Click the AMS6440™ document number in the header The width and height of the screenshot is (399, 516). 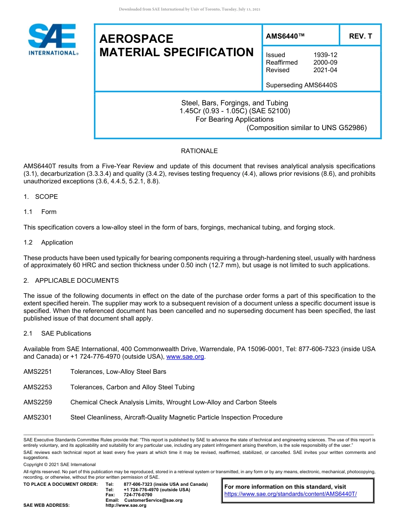click(285, 36)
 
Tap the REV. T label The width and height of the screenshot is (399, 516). click(360, 36)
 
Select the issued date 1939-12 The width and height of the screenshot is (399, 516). click(325, 55)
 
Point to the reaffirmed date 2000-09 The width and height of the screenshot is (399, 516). click(325, 63)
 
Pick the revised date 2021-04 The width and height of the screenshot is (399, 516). click(325, 70)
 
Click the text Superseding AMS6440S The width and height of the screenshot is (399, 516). click(302, 85)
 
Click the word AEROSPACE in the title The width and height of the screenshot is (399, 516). click(136, 39)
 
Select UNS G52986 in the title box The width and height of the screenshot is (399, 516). click(344, 128)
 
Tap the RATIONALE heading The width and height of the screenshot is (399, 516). click(199, 151)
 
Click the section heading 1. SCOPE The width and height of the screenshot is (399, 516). click(41, 197)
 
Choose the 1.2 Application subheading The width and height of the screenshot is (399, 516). click(48, 242)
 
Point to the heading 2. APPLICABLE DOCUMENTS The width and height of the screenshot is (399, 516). click(71, 281)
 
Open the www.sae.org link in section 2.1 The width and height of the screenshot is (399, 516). click(185, 357)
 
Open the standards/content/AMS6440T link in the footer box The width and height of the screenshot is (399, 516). click(290, 494)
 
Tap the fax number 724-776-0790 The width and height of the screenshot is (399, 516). click(139, 495)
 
